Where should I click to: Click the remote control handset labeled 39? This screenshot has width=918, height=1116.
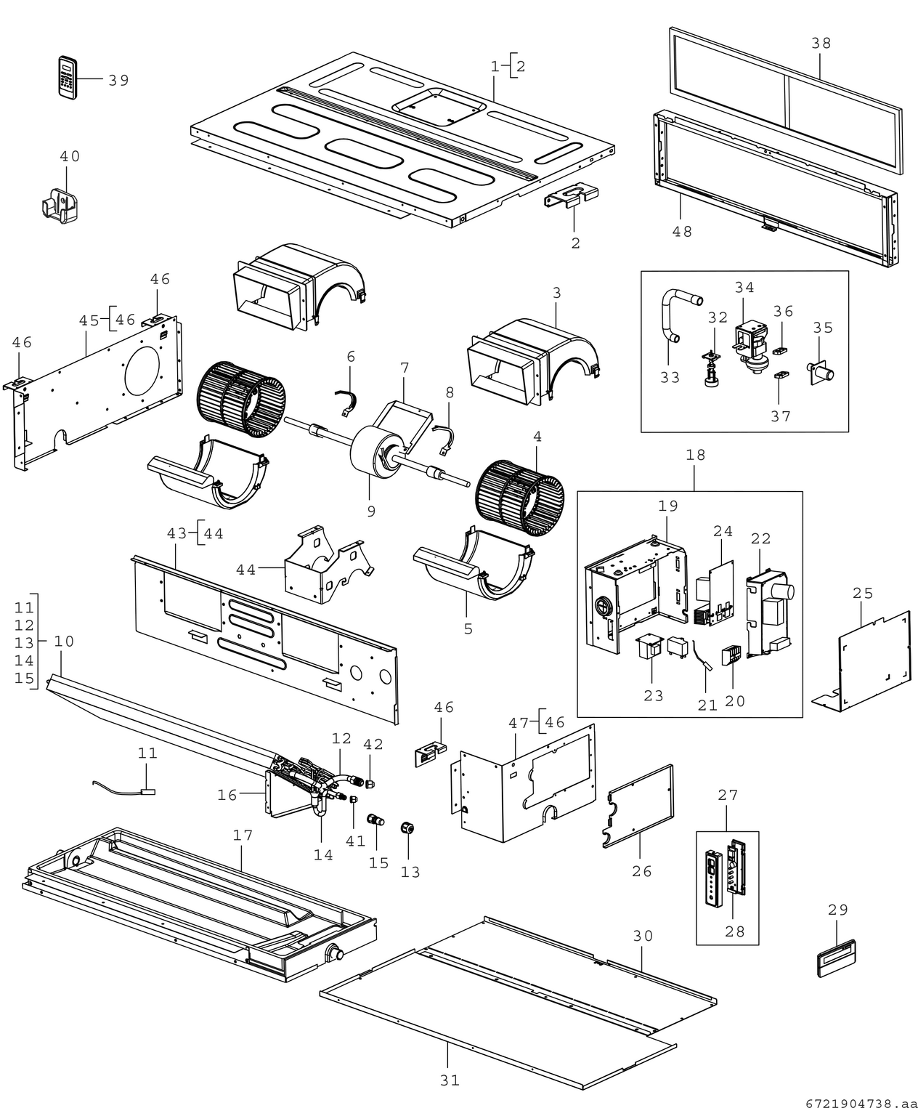(67, 76)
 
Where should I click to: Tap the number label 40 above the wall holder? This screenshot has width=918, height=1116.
(70, 156)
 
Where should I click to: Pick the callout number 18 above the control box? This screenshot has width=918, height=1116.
(695, 455)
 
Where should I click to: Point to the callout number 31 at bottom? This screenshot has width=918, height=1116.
(450, 1080)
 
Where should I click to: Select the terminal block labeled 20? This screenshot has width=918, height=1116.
(729, 655)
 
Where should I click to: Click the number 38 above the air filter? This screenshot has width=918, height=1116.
(821, 43)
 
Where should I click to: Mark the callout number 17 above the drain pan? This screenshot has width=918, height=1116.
(243, 835)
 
